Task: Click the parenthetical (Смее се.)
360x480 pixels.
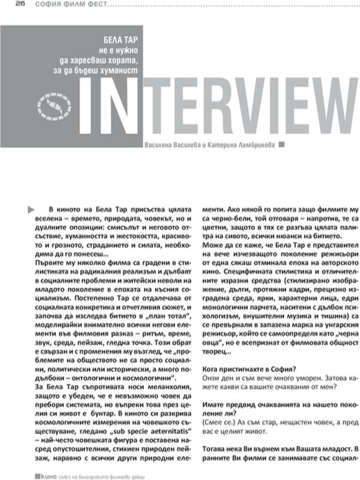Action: click(x=220, y=422)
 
